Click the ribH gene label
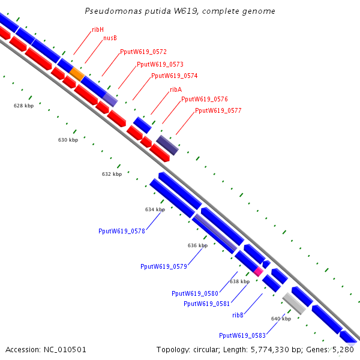pyautogui.click(x=98, y=29)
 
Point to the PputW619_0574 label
pyautogui.click(x=174, y=76)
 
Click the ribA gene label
pyautogui.click(x=176, y=89)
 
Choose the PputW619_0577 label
pyautogui.click(x=218, y=110)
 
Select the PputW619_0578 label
pyautogui.click(x=122, y=230)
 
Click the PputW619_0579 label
pyautogui.click(x=164, y=266)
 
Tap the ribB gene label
pyautogui.click(x=238, y=314)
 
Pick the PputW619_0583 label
pyautogui.click(x=242, y=335)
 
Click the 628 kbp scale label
pyautogui.click(x=23, y=106)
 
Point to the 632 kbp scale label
pyautogui.click(x=112, y=174)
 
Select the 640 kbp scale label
pyautogui.click(x=281, y=319)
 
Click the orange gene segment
pyautogui.click(x=77, y=73)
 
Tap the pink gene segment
pyautogui.click(x=259, y=271)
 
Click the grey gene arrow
pyautogui.click(x=295, y=302)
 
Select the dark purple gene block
pyautogui.click(x=167, y=145)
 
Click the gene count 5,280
pyautogui.click(x=343, y=349)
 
